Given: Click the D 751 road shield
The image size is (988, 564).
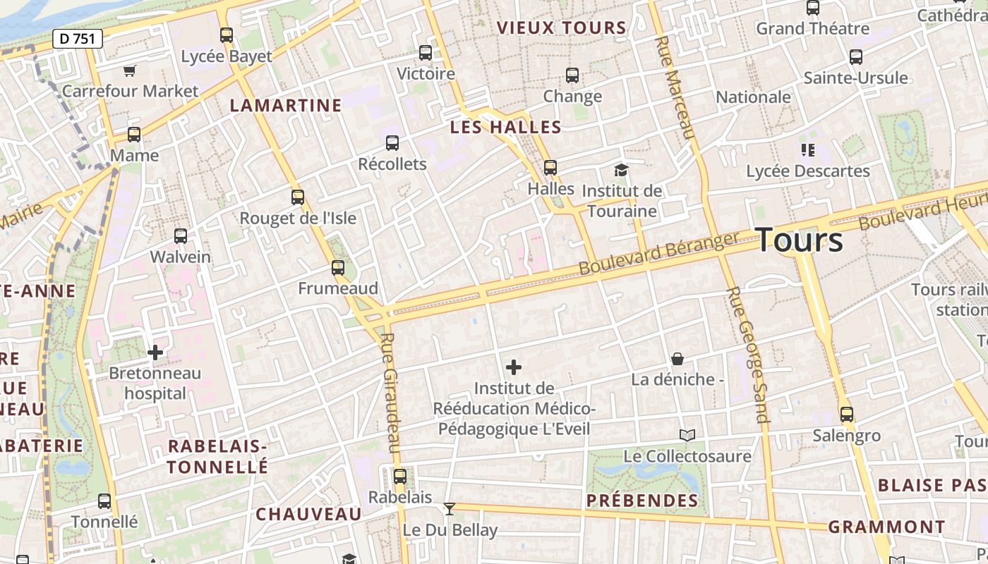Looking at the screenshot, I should click(x=78, y=39).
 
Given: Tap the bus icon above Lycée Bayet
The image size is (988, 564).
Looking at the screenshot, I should click(x=227, y=35).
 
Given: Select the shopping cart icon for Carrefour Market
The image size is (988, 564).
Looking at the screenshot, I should click(x=129, y=70).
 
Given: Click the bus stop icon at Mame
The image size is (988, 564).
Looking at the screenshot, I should click(x=134, y=134).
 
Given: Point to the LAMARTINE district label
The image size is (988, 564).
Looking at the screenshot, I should click(x=286, y=106).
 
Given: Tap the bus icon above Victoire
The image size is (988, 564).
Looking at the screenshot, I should click(x=426, y=52).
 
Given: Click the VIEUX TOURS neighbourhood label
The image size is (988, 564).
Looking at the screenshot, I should click(x=562, y=28).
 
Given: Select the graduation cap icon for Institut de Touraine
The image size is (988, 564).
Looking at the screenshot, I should click(x=621, y=170).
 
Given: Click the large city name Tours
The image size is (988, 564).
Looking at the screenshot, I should click(x=800, y=240).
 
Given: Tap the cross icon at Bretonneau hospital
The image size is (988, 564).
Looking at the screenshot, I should click(x=155, y=352).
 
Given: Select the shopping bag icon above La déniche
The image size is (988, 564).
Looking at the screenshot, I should click(x=677, y=359).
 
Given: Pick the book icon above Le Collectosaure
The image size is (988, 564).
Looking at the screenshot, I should click(x=687, y=435).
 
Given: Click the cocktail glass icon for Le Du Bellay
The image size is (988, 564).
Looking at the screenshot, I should click(x=449, y=508).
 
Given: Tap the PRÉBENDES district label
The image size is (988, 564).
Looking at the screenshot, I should click(x=642, y=501).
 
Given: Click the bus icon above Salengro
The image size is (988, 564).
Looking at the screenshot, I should click(x=847, y=415).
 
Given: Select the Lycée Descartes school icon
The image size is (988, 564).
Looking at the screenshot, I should click(x=808, y=149).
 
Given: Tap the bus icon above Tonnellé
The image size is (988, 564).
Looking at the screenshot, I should click(x=104, y=501).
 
